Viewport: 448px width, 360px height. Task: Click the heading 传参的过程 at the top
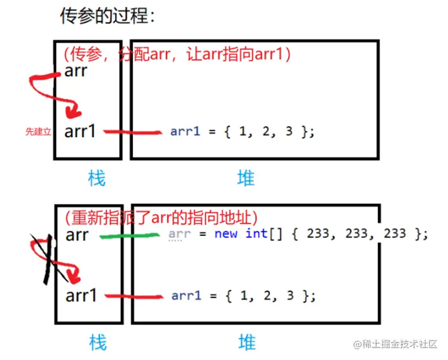pyautogui.click(x=107, y=16)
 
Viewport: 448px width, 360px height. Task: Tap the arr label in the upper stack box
pyautogui.click(x=76, y=71)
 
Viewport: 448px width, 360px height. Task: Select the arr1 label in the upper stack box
pyautogui.click(x=80, y=131)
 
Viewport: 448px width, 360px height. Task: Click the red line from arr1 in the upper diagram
pyautogui.click(x=132, y=132)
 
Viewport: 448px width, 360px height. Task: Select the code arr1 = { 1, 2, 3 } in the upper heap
pyautogui.click(x=242, y=132)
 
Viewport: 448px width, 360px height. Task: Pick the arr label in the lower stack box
pyautogui.click(x=77, y=235)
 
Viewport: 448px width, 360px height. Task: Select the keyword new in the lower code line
pyautogui.click(x=226, y=234)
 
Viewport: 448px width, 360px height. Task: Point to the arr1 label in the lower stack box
pyautogui.click(x=80, y=295)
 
